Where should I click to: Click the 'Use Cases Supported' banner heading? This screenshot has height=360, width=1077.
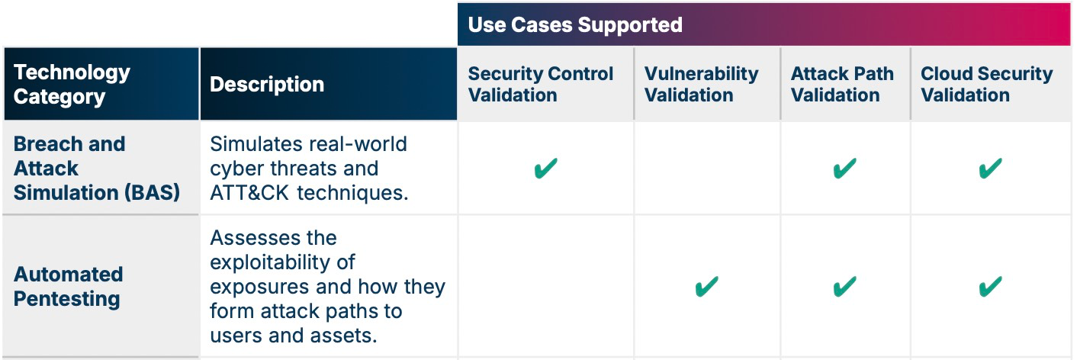click(575, 25)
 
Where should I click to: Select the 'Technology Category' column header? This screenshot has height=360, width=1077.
click(72, 84)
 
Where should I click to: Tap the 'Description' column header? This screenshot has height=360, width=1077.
click(267, 84)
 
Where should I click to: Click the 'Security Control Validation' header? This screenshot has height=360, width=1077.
click(541, 84)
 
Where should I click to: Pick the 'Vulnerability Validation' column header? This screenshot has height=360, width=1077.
click(701, 84)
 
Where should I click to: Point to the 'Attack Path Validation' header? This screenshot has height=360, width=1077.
click(842, 84)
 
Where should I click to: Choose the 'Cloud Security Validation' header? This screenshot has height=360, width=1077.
click(986, 84)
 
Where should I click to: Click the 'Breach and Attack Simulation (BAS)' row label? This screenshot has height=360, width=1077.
click(97, 169)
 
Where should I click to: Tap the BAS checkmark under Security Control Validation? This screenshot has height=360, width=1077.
click(545, 169)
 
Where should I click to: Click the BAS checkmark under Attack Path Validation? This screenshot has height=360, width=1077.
click(845, 169)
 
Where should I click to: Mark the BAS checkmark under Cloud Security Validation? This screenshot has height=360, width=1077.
click(991, 169)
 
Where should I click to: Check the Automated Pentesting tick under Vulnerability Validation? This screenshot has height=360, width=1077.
click(707, 287)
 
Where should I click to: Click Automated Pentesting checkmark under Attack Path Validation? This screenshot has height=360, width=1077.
click(845, 287)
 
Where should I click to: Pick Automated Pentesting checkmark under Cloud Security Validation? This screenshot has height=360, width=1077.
click(991, 287)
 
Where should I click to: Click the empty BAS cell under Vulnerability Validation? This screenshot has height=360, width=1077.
click(707, 169)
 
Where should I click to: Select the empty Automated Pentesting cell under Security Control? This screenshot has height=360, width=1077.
click(545, 287)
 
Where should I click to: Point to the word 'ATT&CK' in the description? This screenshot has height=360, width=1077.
click(249, 193)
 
